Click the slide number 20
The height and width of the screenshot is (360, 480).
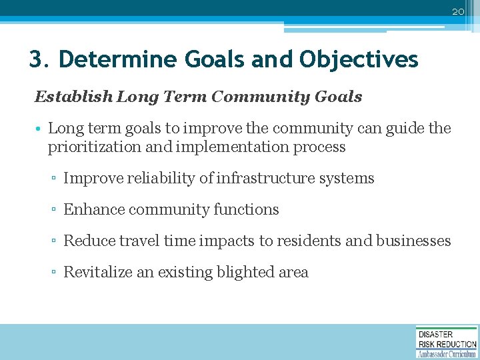pyautogui.click(x=457, y=11)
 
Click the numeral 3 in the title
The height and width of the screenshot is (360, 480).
pyautogui.click(x=36, y=60)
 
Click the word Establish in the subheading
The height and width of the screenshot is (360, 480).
pyautogui.click(x=73, y=97)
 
